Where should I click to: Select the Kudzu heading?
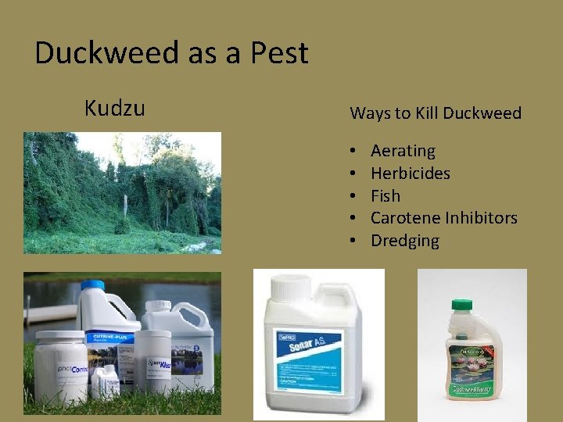click(114, 108)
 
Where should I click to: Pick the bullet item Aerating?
click(403, 151)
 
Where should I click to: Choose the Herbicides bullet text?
click(410, 173)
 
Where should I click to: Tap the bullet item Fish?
click(385, 195)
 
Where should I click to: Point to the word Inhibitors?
click(479, 218)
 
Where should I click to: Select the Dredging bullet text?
click(404, 241)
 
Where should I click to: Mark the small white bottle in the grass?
click(102, 383)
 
